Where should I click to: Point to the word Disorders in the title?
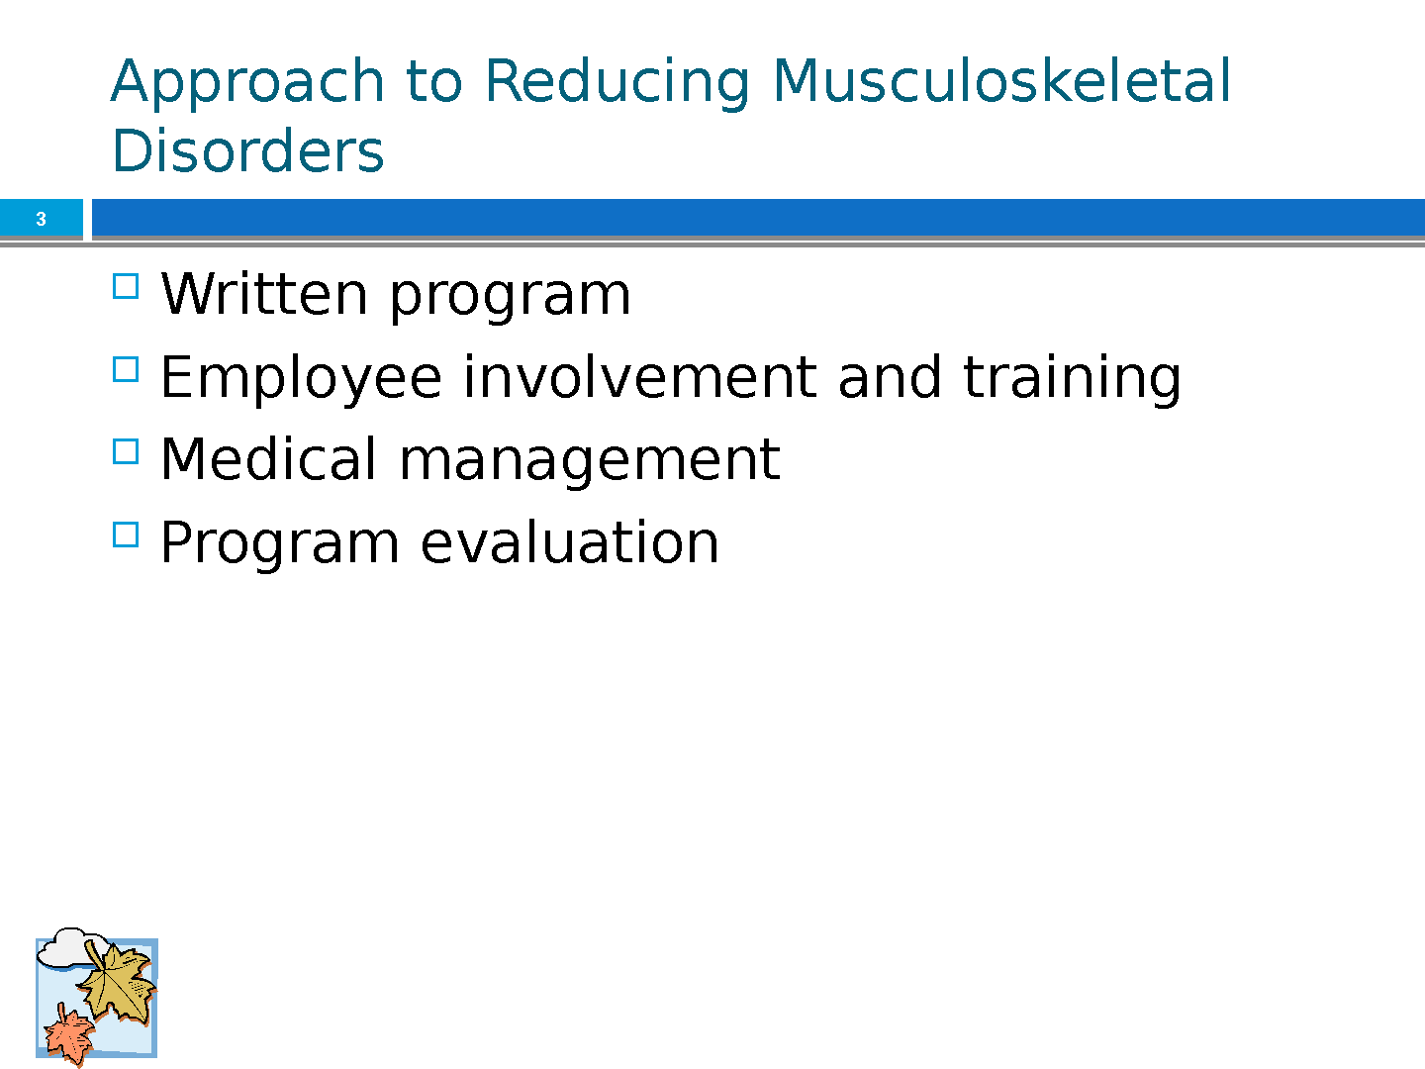pos(247,150)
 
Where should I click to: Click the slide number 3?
pos(41,219)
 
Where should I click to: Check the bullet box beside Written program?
pos(126,286)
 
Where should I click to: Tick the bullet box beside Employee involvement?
pos(126,369)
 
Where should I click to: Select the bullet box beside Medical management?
pos(126,451)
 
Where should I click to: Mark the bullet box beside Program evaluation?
pos(126,534)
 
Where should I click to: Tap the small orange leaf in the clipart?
pos(69,1034)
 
